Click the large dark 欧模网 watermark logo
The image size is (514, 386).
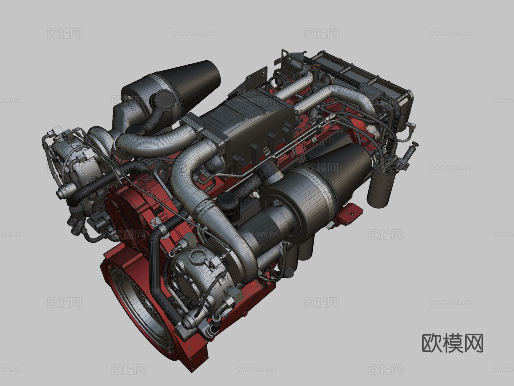coord(452,343)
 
